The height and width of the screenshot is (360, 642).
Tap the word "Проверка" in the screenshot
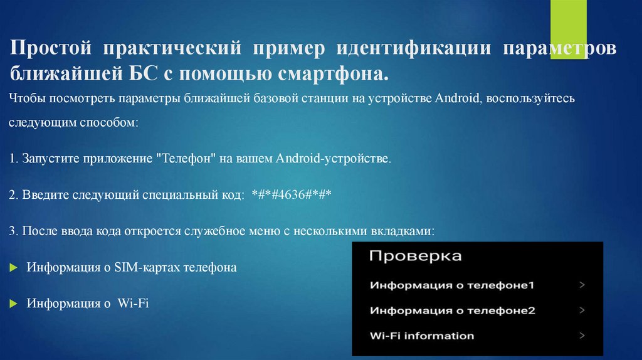point(414,256)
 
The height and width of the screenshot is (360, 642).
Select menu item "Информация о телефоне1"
point(451,285)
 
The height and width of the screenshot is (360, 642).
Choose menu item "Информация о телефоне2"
point(452,310)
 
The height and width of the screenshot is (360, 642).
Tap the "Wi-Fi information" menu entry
point(421,336)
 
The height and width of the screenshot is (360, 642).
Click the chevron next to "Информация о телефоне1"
point(582,285)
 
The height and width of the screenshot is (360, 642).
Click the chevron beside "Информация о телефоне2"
point(582,310)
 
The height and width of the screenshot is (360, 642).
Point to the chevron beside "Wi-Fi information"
point(582,336)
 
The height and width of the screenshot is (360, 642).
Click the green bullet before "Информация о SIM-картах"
point(14,268)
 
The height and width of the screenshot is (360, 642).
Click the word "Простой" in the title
point(52,49)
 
